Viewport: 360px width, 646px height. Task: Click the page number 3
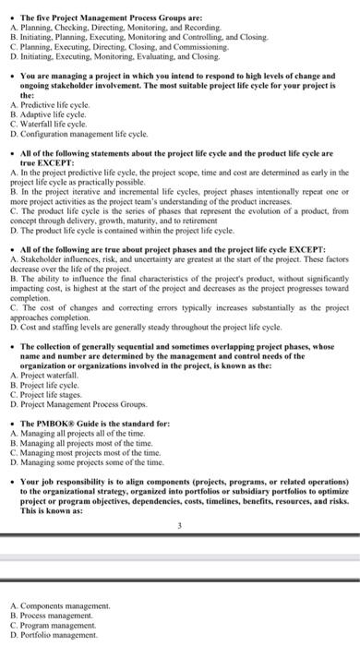point(179,528)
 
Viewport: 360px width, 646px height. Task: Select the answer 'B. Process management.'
point(54,615)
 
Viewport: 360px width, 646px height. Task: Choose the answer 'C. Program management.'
point(55,624)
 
